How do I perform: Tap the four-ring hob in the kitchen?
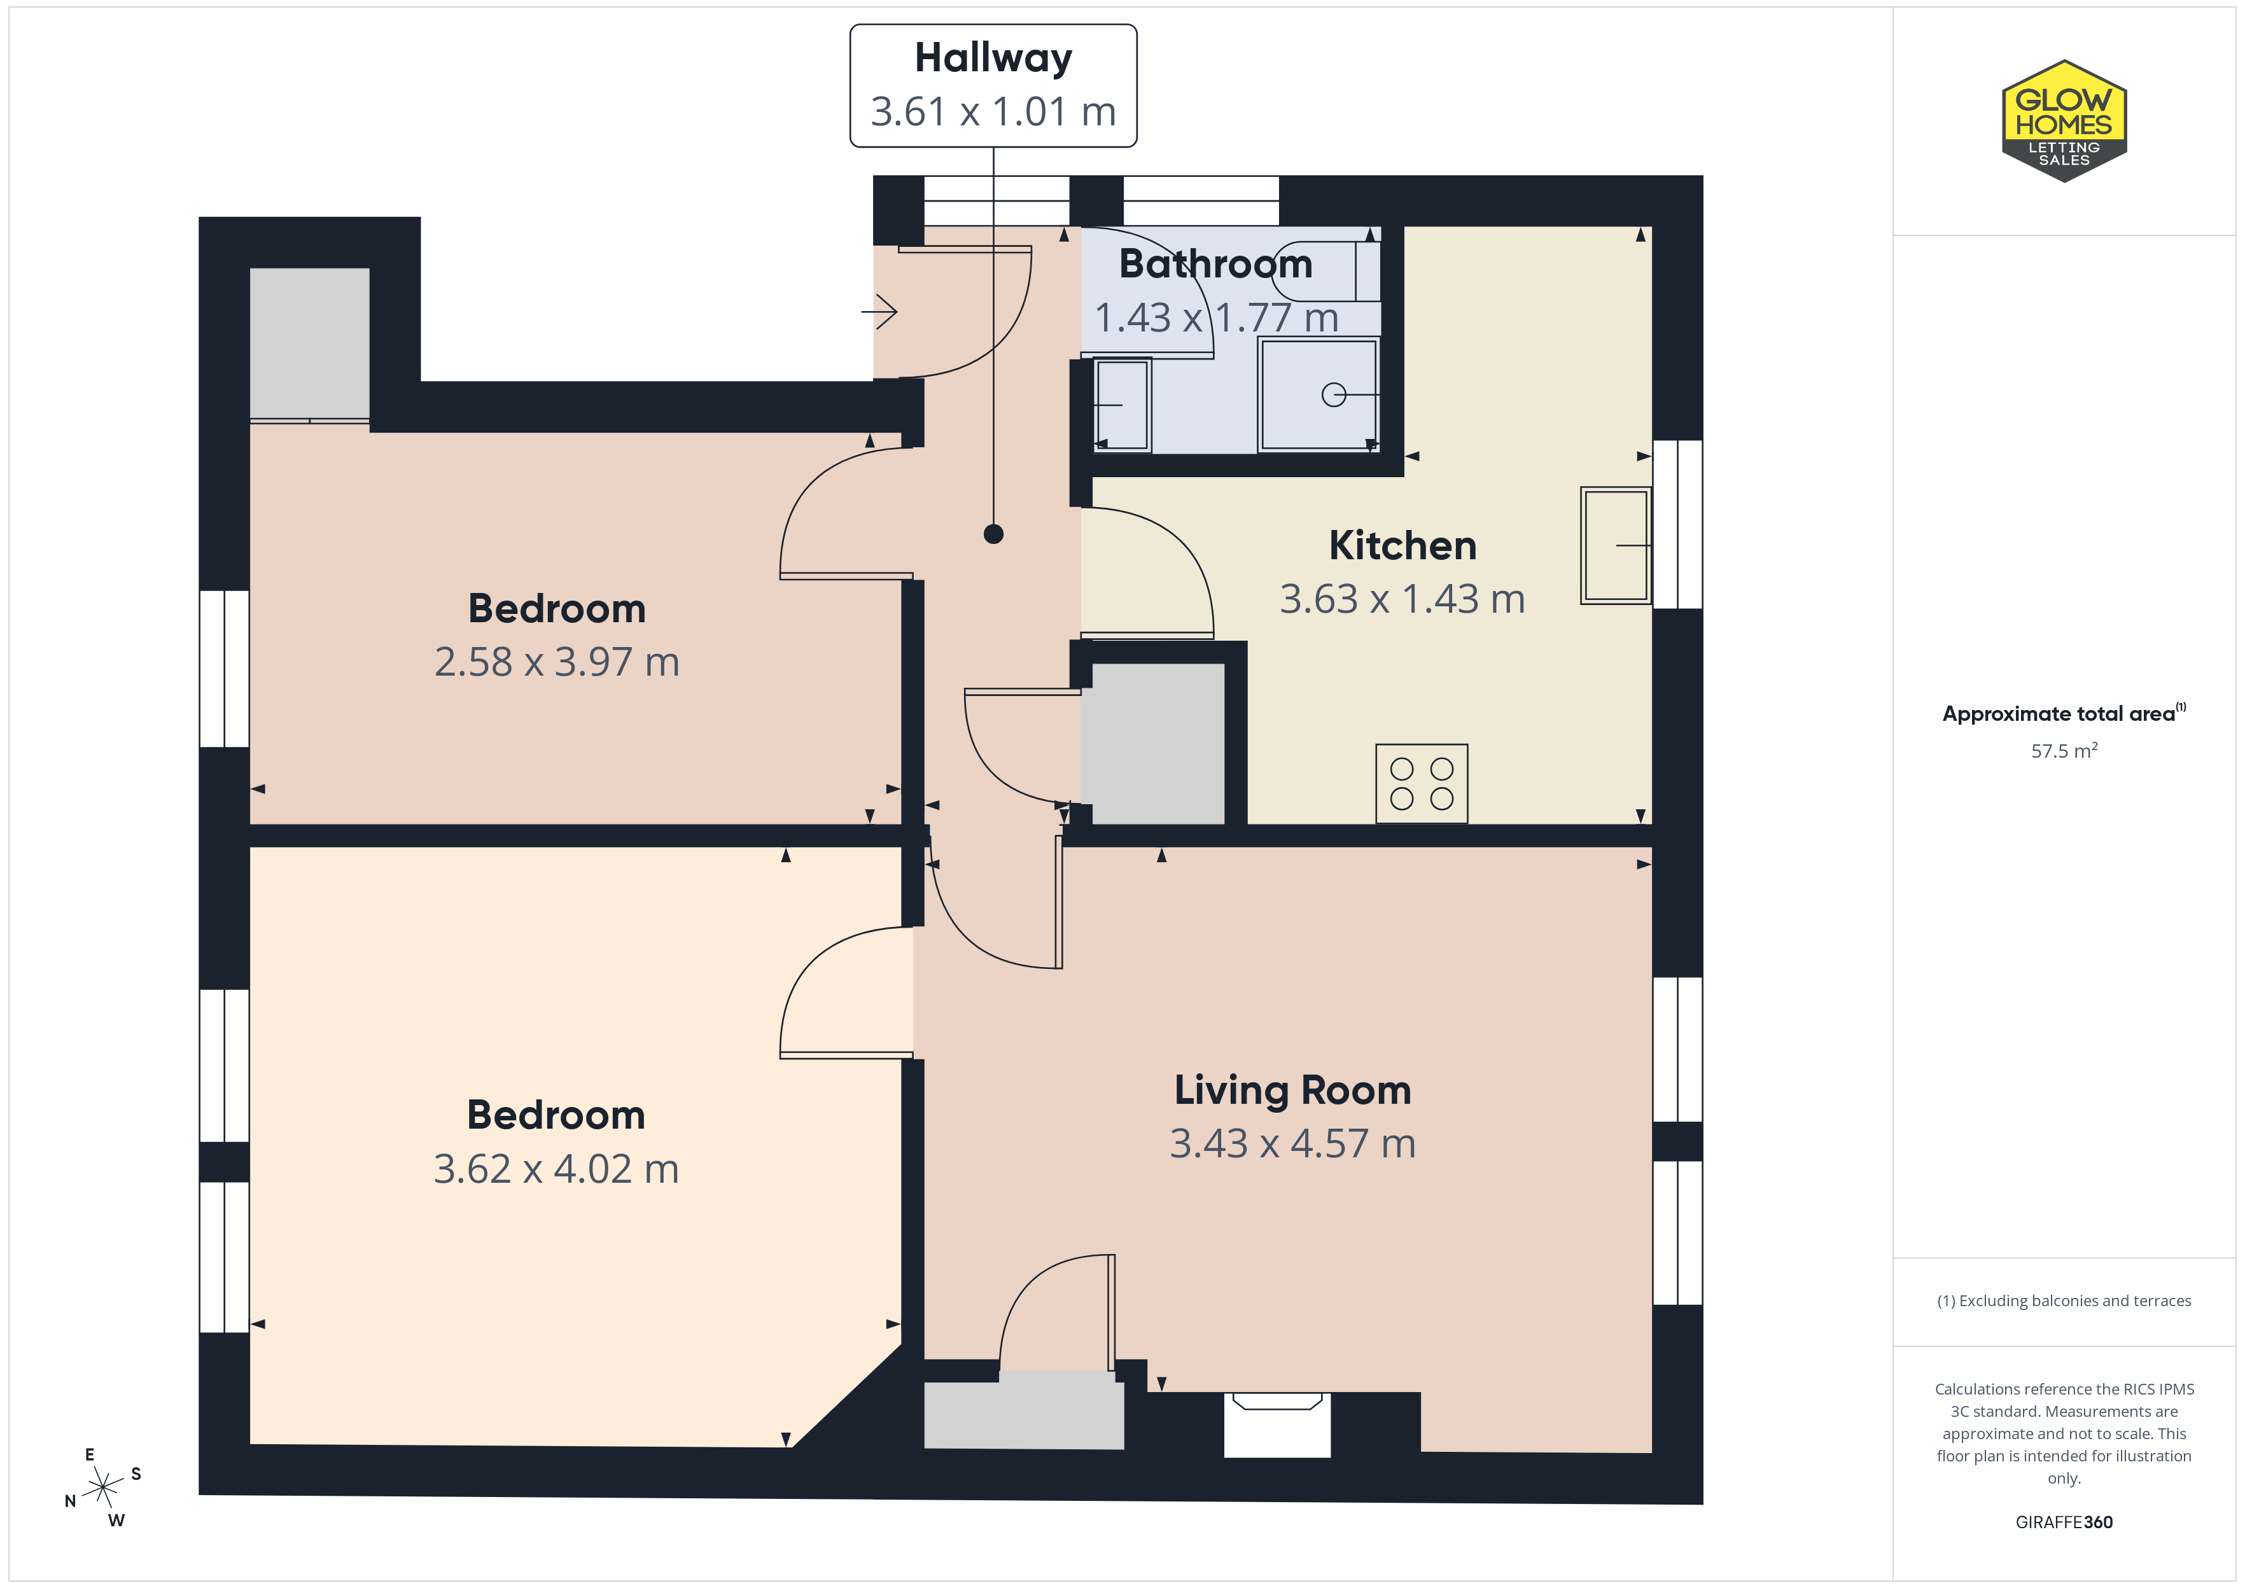point(1421,783)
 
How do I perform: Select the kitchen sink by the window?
point(1615,545)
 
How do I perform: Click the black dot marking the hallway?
point(993,534)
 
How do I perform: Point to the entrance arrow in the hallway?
point(879,312)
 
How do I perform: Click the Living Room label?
point(1292,1090)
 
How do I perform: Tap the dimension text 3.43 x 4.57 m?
point(1292,1143)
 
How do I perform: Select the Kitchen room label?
point(1402,545)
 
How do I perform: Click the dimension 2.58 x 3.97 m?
point(556,662)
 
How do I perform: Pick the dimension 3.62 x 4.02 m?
point(556,1169)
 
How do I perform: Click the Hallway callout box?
point(993,86)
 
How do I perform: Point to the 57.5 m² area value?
point(2064,751)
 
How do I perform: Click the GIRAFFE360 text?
point(2064,1521)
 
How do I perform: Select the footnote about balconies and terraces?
point(2064,1300)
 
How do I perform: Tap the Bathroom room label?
point(1215,264)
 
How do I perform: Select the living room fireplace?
point(1277,1424)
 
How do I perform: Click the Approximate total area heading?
point(2064,714)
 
